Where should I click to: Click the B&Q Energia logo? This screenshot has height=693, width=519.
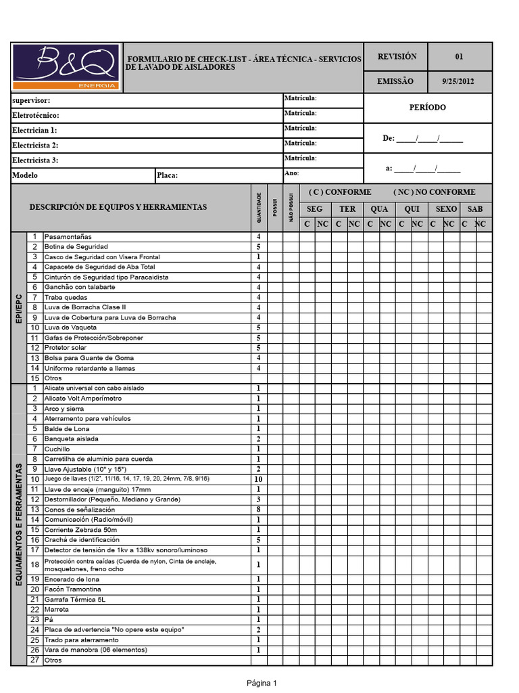click(66, 68)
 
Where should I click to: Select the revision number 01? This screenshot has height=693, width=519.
click(460, 57)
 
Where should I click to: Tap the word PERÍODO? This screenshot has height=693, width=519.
click(427, 108)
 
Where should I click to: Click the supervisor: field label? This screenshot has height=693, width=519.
click(32, 100)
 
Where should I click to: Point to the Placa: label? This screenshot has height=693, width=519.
click(167, 175)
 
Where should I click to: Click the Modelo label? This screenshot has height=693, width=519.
click(25, 175)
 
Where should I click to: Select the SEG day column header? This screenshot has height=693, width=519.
click(315, 209)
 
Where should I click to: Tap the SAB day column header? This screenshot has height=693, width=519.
click(475, 209)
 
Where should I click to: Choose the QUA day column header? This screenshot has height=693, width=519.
click(379, 209)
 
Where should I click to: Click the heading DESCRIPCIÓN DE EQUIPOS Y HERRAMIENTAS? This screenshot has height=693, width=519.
click(118, 207)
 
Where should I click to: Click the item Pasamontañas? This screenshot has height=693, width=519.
click(67, 237)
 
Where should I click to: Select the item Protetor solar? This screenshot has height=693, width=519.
click(65, 348)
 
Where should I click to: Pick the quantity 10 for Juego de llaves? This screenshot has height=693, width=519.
click(258, 479)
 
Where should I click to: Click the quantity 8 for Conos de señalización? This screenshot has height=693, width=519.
click(258, 510)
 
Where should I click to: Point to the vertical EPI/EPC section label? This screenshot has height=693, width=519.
click(19, 307)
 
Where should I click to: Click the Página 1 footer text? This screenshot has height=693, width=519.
click(262, 683)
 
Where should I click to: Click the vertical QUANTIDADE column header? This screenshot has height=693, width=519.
click(258, 206)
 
